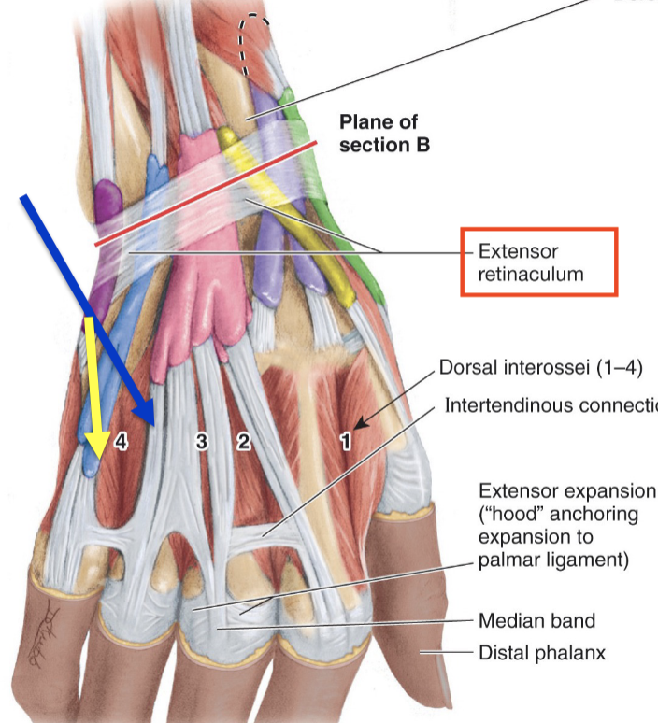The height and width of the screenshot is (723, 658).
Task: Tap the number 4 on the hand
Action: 121,442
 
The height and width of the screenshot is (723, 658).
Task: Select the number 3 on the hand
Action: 201,442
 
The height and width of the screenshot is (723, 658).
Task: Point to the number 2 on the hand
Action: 243,442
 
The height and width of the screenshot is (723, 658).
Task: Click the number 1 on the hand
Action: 345,443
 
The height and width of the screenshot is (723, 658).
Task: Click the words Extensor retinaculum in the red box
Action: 531,262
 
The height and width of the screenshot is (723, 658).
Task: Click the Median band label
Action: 536,620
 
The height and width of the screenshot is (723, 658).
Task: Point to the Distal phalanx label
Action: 541,653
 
